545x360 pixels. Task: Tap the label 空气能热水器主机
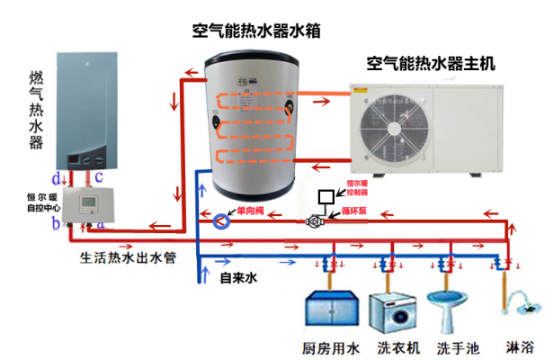(x=430, y=64)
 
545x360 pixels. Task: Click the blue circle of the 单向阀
(x=221, y=220)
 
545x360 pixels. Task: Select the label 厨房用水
(x=327, y=347)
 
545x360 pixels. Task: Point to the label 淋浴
(x=520, y=347)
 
